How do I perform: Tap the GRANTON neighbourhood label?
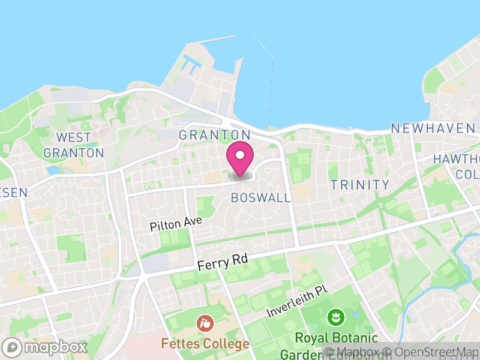tap(214, 135)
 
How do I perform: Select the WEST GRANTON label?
tap(74, 145)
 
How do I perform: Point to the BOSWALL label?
tap(260, 197)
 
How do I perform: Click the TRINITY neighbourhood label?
tap(360, 185)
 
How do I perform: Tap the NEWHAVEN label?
tap(433, 128)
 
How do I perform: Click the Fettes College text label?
tap(205, 344)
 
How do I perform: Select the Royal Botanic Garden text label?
tap(339, 338)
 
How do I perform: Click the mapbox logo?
tap(46, 347)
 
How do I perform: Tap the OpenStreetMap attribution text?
tap(431, 352)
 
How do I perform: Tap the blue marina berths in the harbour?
tap(191, 64)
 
